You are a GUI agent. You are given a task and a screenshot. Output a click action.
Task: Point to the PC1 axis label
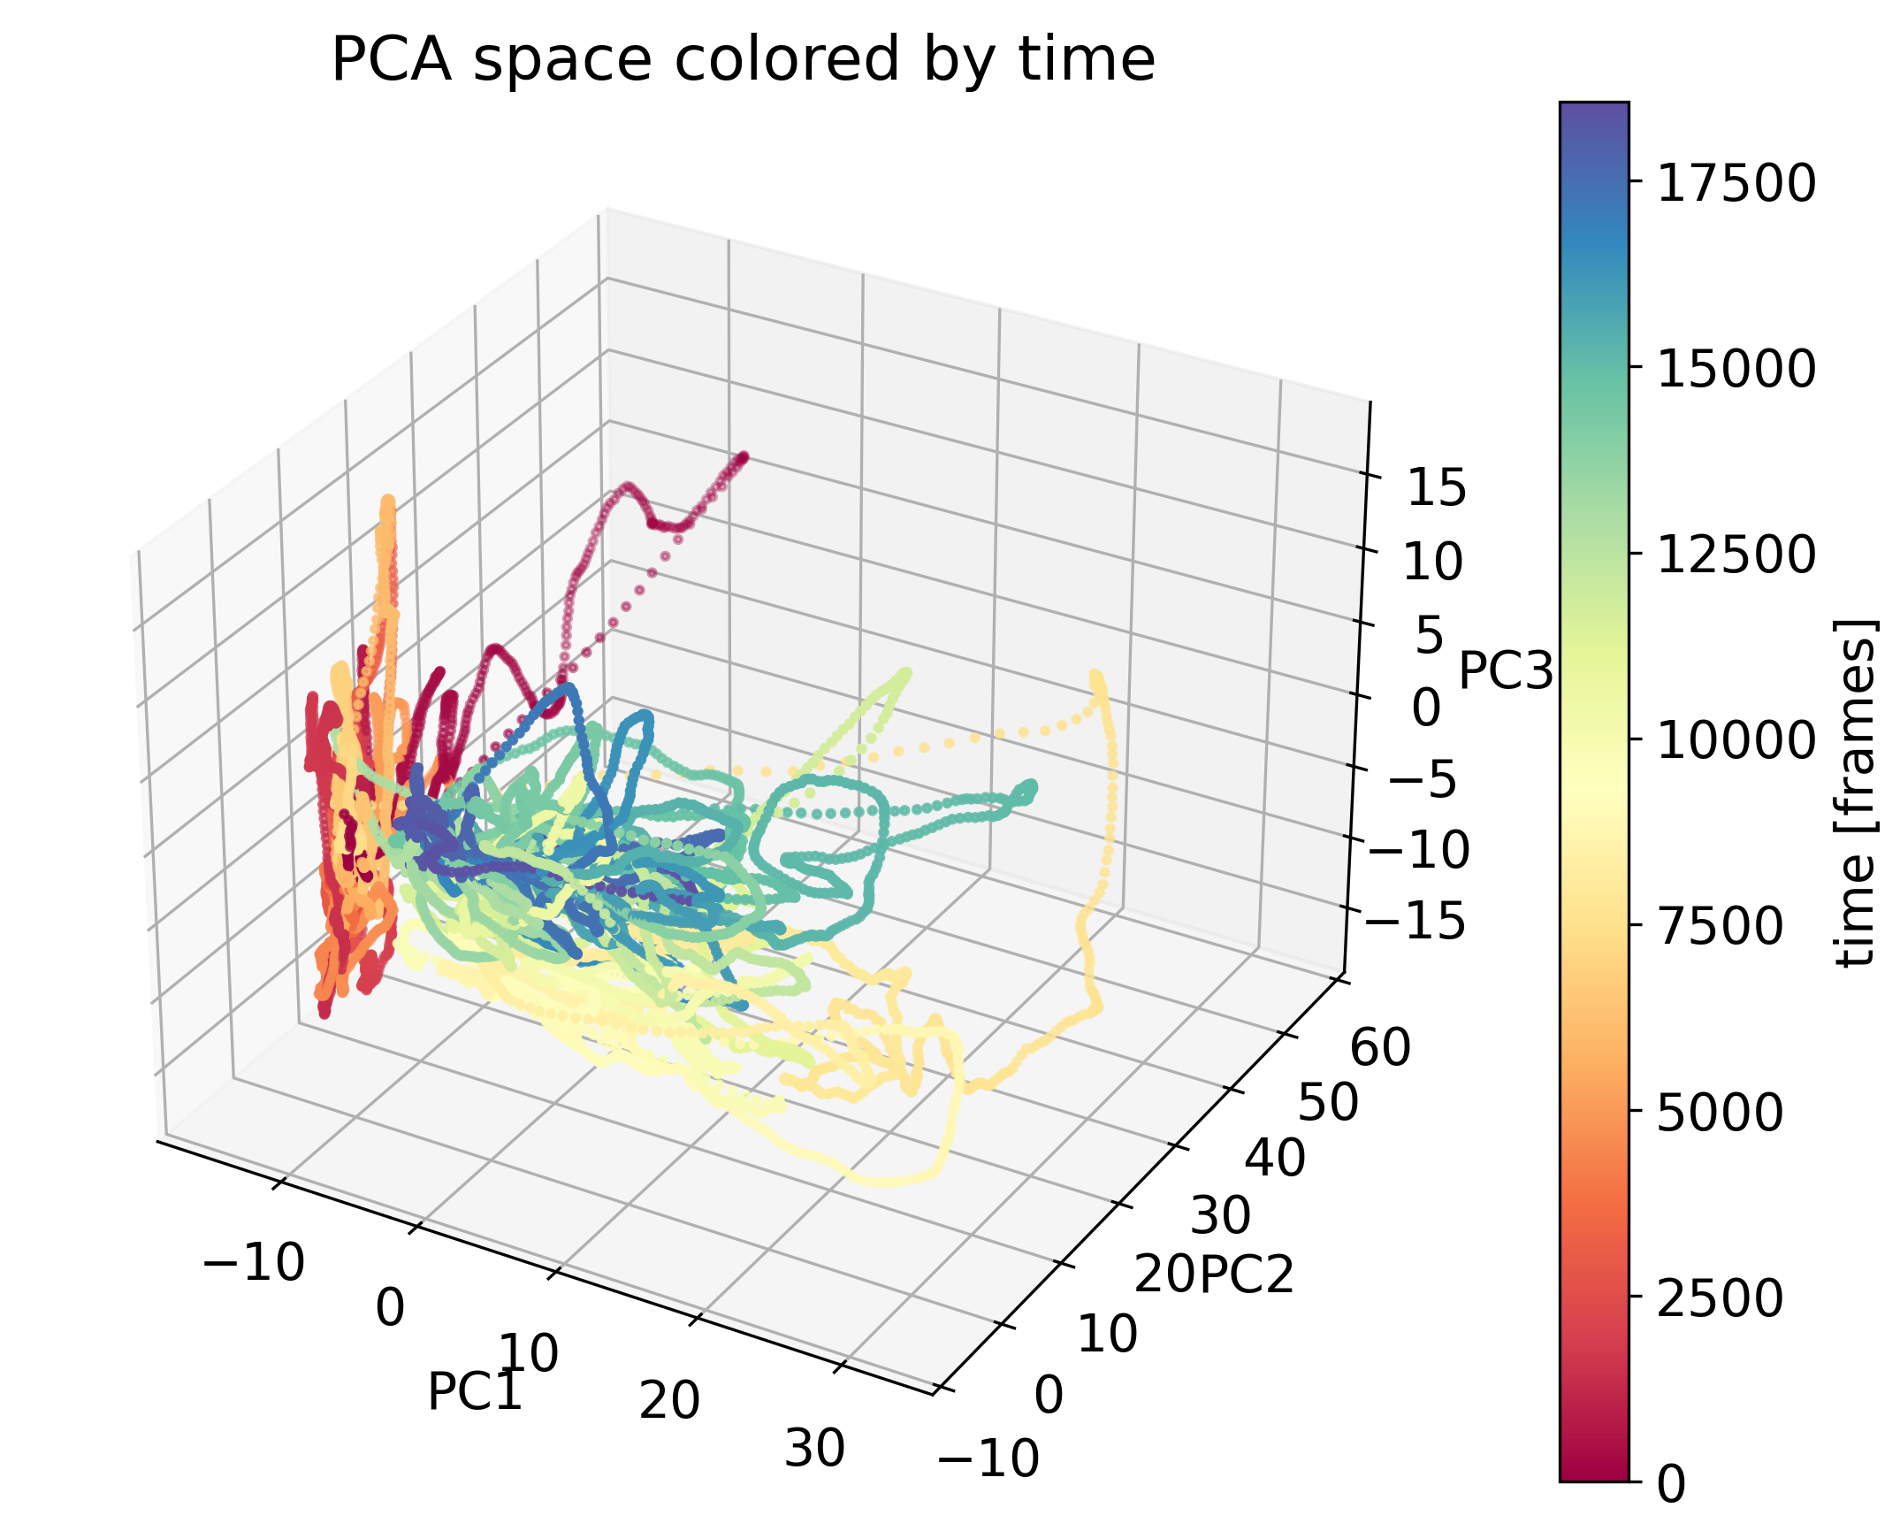475,1391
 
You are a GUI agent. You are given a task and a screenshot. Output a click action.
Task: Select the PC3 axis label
1505,670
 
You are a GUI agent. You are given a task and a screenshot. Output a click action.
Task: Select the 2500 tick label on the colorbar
1720,1298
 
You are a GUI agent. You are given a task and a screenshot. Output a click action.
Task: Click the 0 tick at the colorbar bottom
1671,1485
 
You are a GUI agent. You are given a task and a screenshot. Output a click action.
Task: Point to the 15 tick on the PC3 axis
1436,487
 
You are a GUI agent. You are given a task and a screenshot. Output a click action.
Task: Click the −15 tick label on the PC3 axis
1415,921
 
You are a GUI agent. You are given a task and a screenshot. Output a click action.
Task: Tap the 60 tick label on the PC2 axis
1380,1048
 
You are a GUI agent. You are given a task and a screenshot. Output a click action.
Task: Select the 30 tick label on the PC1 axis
814,1449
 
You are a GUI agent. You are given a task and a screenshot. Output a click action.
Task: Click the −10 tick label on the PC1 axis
254,1262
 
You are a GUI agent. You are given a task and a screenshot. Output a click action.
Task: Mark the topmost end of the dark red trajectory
743,457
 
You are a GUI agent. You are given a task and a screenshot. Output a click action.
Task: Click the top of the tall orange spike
387,502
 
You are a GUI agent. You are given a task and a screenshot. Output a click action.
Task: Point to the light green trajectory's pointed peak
904,673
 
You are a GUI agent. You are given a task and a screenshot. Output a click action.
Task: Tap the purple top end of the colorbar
1593,111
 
